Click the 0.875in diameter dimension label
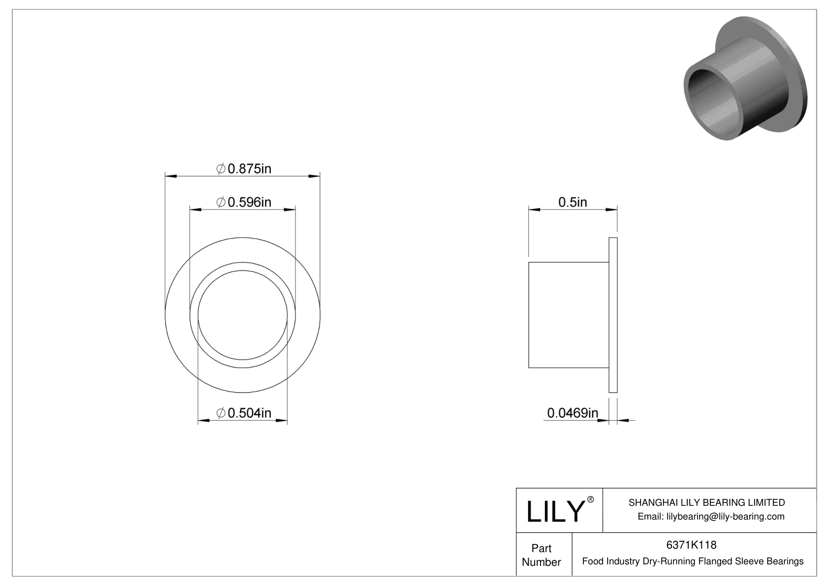(x=244, y=169)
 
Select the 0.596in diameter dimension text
(x=244, y=202)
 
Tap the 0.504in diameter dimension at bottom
(x=244, y=413)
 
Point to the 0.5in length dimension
(x=572, y=202)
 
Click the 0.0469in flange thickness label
(x=572, y=413)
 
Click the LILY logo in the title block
(x=555, y=511)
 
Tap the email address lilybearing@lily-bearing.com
(x=711, y=517)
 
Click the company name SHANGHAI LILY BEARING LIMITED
(x=706, y=502)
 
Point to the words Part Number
(x=541, y=555)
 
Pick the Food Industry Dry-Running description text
(x=693, y=561)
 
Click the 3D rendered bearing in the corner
(x=746, y=79)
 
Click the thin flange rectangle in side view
(x=613, y=315)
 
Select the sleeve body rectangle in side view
(x=568, y=315)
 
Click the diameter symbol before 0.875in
(x=221, y=169)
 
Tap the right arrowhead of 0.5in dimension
(x=611, y=210)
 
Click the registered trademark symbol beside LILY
(x=590, y=500)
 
